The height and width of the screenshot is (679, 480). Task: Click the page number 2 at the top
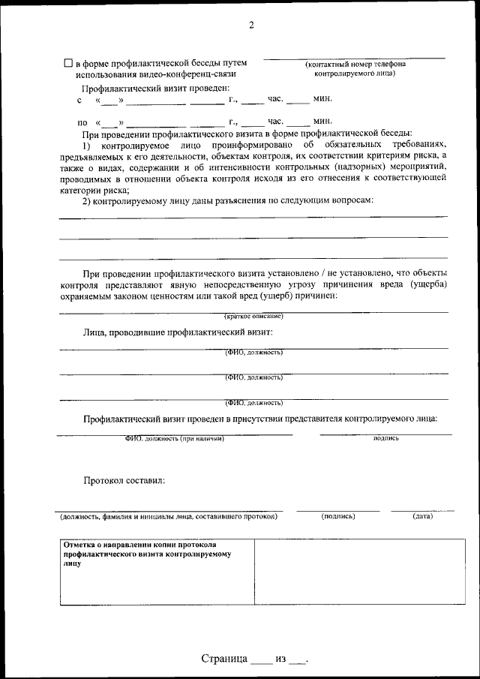coord(251,26)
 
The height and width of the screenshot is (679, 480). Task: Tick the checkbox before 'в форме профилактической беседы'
coord(68,64)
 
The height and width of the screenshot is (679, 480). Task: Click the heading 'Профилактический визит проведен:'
coord(145,88)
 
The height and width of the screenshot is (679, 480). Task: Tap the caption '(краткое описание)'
coord(253,316)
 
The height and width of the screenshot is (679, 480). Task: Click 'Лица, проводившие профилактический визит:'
coord(178,331)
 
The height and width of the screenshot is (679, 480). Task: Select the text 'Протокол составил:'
coord(124,479)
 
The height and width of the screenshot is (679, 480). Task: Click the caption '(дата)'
coord(422,516)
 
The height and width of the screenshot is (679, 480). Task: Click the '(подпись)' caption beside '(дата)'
coord(337,516)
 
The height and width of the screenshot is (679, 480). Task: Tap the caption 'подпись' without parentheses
coord(385,437)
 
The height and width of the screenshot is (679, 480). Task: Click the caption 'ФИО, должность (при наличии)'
coord(174,438)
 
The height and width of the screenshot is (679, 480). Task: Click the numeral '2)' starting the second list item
coord(87,200)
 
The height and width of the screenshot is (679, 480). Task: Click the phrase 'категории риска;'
coord(91,190)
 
